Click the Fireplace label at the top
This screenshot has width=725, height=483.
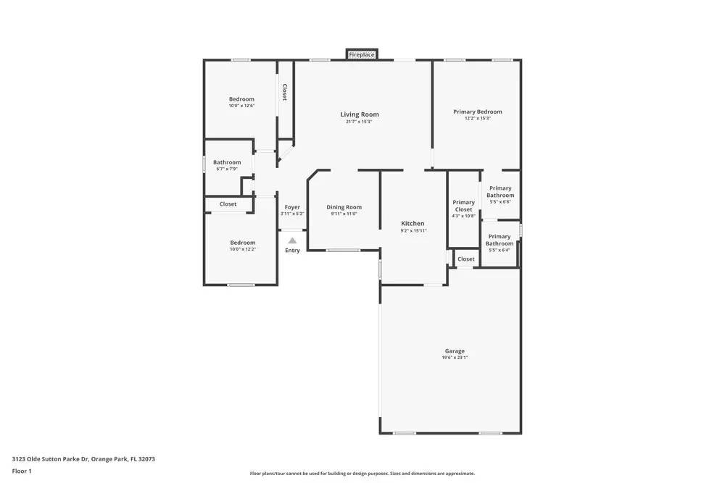[x=362, y=55]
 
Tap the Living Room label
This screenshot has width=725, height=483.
[x=360, y=114]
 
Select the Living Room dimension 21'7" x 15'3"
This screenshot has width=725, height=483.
[x=360, y=122]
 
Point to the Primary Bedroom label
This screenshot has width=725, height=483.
[x=477, y=112]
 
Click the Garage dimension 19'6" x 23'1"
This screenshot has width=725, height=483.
[x=455, y=358]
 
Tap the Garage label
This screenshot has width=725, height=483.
[x=455, y=351]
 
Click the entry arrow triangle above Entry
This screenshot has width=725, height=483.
[x=292, y=241]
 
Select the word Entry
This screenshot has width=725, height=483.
[x=292, y=251]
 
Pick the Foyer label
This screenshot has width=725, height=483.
[x=292, y=207]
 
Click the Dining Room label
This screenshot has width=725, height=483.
[x=344, y=207]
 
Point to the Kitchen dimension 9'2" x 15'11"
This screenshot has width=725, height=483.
[x=413, y=231]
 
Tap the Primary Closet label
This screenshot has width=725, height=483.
[x=463, y=206]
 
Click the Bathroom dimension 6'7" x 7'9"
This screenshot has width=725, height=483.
[x=226, y=169]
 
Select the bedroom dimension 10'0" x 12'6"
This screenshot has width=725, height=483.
[x=241, y=106]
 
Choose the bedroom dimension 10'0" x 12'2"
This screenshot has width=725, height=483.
[x=242, y=249]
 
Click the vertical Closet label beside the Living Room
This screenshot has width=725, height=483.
[x=285, y=92]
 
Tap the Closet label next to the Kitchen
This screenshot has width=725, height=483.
[x=466, y=259]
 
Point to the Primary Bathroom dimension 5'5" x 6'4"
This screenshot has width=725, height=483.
[x=500, y=250]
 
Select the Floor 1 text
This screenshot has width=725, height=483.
[x=22, y=471]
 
